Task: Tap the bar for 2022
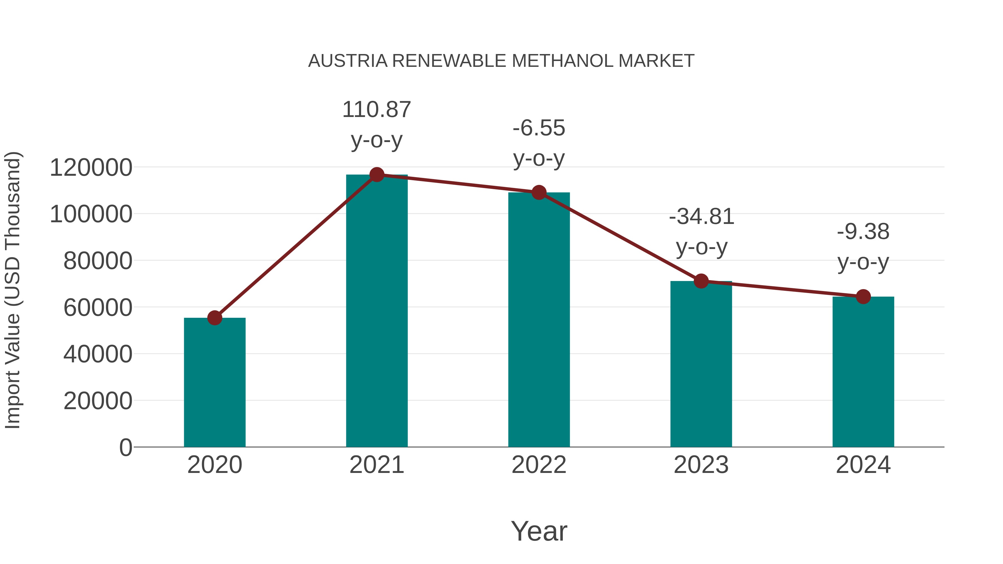click(539, 319)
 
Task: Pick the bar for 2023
click(701, 364)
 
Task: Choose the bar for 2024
click(863, 372)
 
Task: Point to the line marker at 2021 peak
click(376, 175)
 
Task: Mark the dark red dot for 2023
click(701, 281)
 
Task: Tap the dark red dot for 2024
click(863, 297)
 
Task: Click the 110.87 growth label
click(376, 110)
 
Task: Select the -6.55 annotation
click(539, 128)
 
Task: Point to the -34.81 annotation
click(701, 217)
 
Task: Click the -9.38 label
click(863, 232)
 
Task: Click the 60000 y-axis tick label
click(98, 307)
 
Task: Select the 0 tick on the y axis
click(125, 447)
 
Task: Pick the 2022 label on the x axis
click(539, 465)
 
